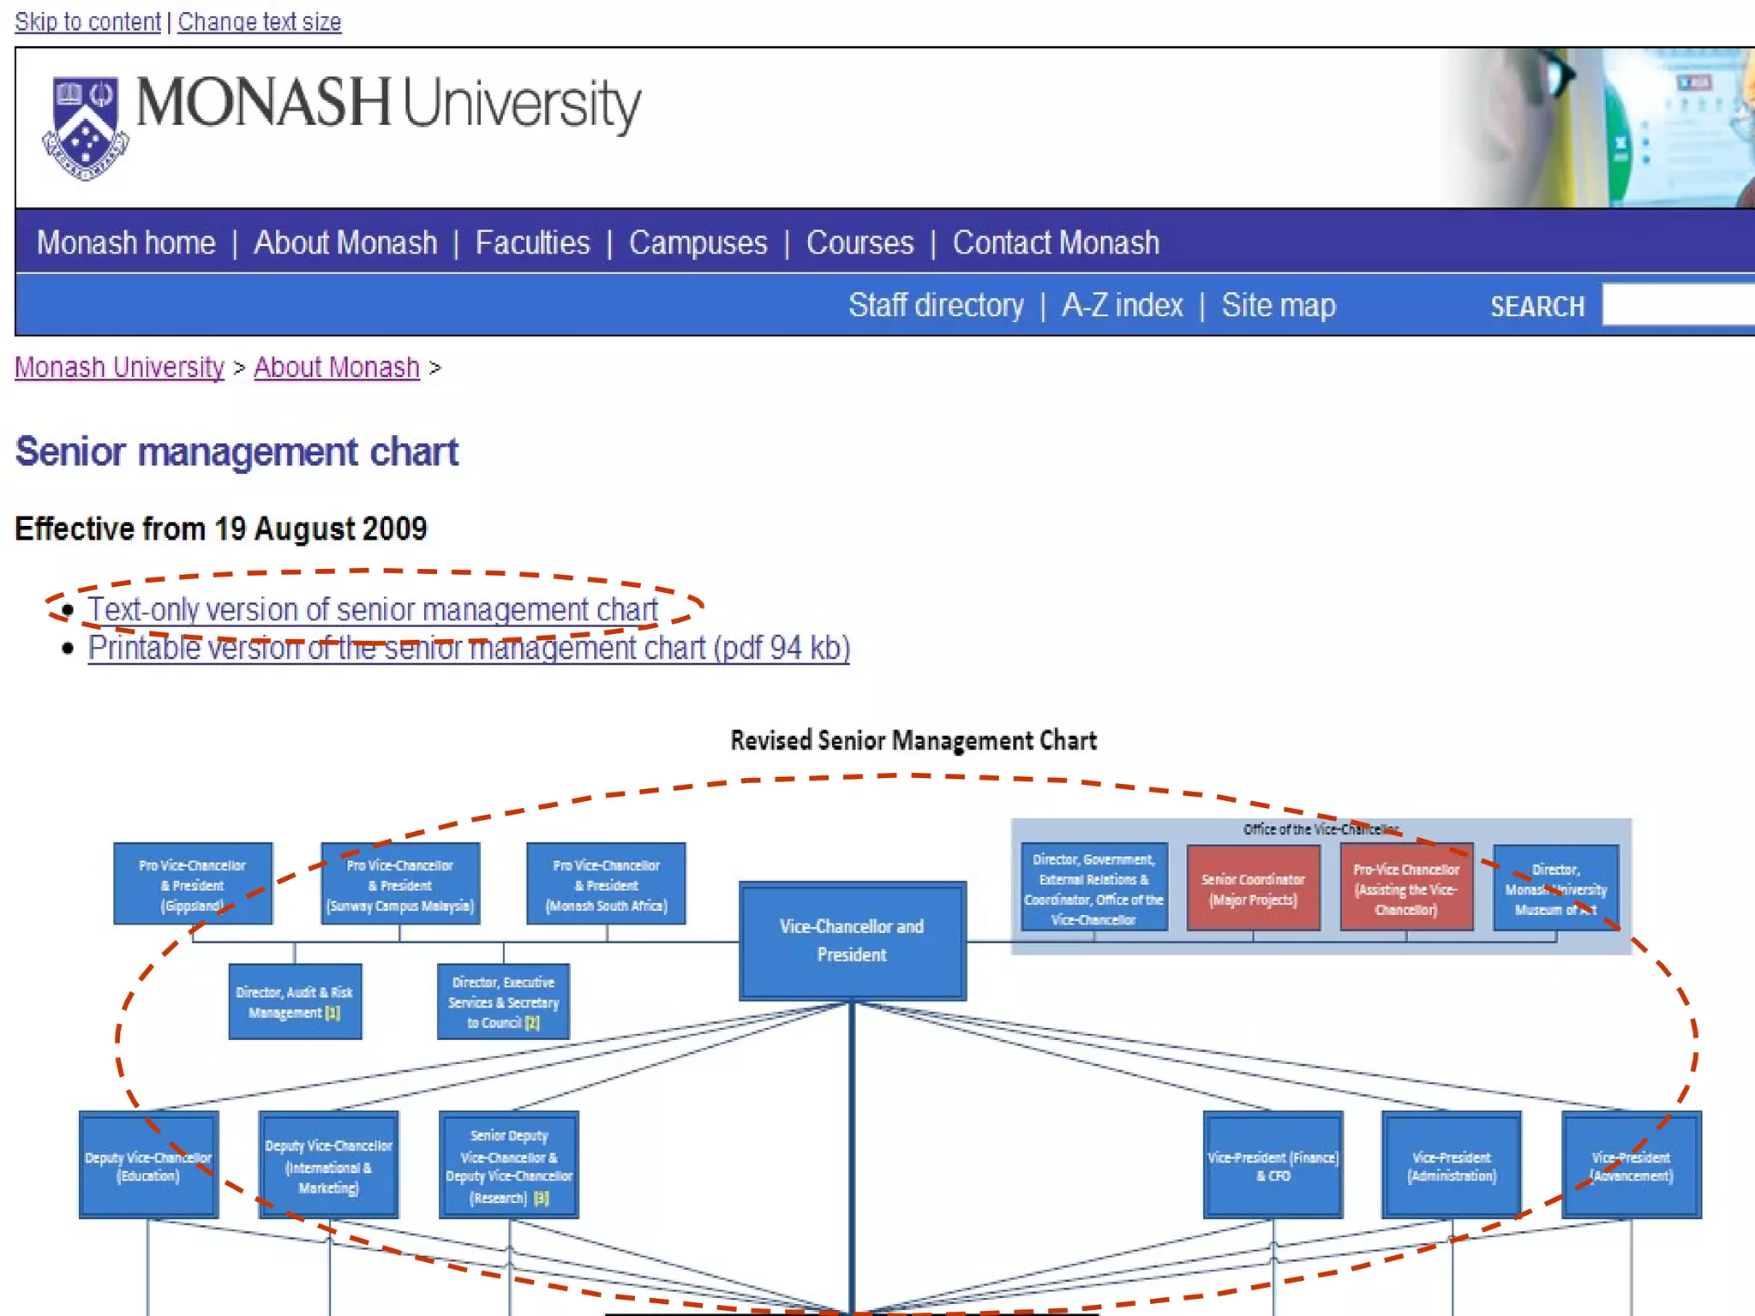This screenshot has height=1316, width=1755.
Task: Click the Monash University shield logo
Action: (85, 127)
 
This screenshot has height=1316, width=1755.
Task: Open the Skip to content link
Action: (87, 21)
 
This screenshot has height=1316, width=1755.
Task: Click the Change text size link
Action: (259, 21)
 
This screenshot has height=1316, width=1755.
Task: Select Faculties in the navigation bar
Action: (532, 243)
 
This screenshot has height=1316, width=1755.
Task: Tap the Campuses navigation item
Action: (698, 243)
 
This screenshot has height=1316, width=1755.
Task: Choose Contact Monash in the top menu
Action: (1055, 243)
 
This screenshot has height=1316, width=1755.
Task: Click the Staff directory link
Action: (936, 306)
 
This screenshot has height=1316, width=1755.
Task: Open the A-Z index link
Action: (1122, 306)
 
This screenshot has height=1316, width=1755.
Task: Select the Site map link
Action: (1278, 306)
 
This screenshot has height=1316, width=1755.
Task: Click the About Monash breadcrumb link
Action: (336, 368)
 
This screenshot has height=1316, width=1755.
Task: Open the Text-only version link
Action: (373, 610)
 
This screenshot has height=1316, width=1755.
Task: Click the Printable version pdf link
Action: (469, 649)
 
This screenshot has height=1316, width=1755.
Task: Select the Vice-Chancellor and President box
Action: (852, 941)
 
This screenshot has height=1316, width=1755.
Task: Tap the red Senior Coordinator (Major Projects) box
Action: (1252, 888)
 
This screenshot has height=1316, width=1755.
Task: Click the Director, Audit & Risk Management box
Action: (295, 1002)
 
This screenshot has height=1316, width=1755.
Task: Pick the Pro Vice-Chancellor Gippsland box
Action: (193, 884)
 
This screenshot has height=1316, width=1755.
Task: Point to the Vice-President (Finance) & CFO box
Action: (1273, 1165)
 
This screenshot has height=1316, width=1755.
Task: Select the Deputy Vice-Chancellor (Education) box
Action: (148, 1165)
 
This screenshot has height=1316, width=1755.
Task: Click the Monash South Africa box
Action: (606, 884)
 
